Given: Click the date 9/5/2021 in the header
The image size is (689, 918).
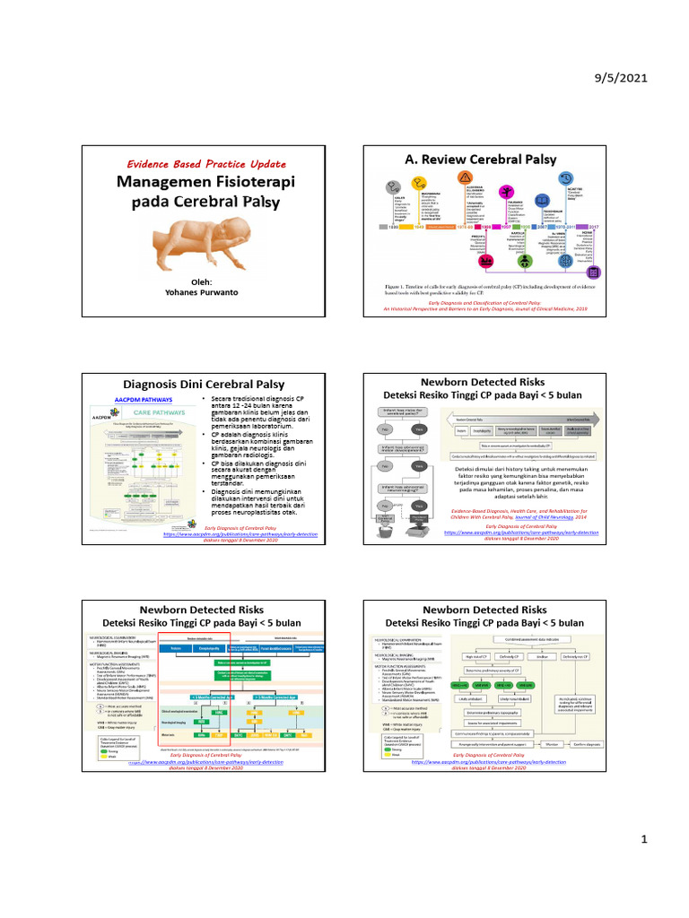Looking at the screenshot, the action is pos(620,78).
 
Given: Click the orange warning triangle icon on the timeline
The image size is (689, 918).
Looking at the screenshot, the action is pos(465,177).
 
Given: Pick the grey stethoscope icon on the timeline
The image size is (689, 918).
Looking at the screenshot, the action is pos(393,187).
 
